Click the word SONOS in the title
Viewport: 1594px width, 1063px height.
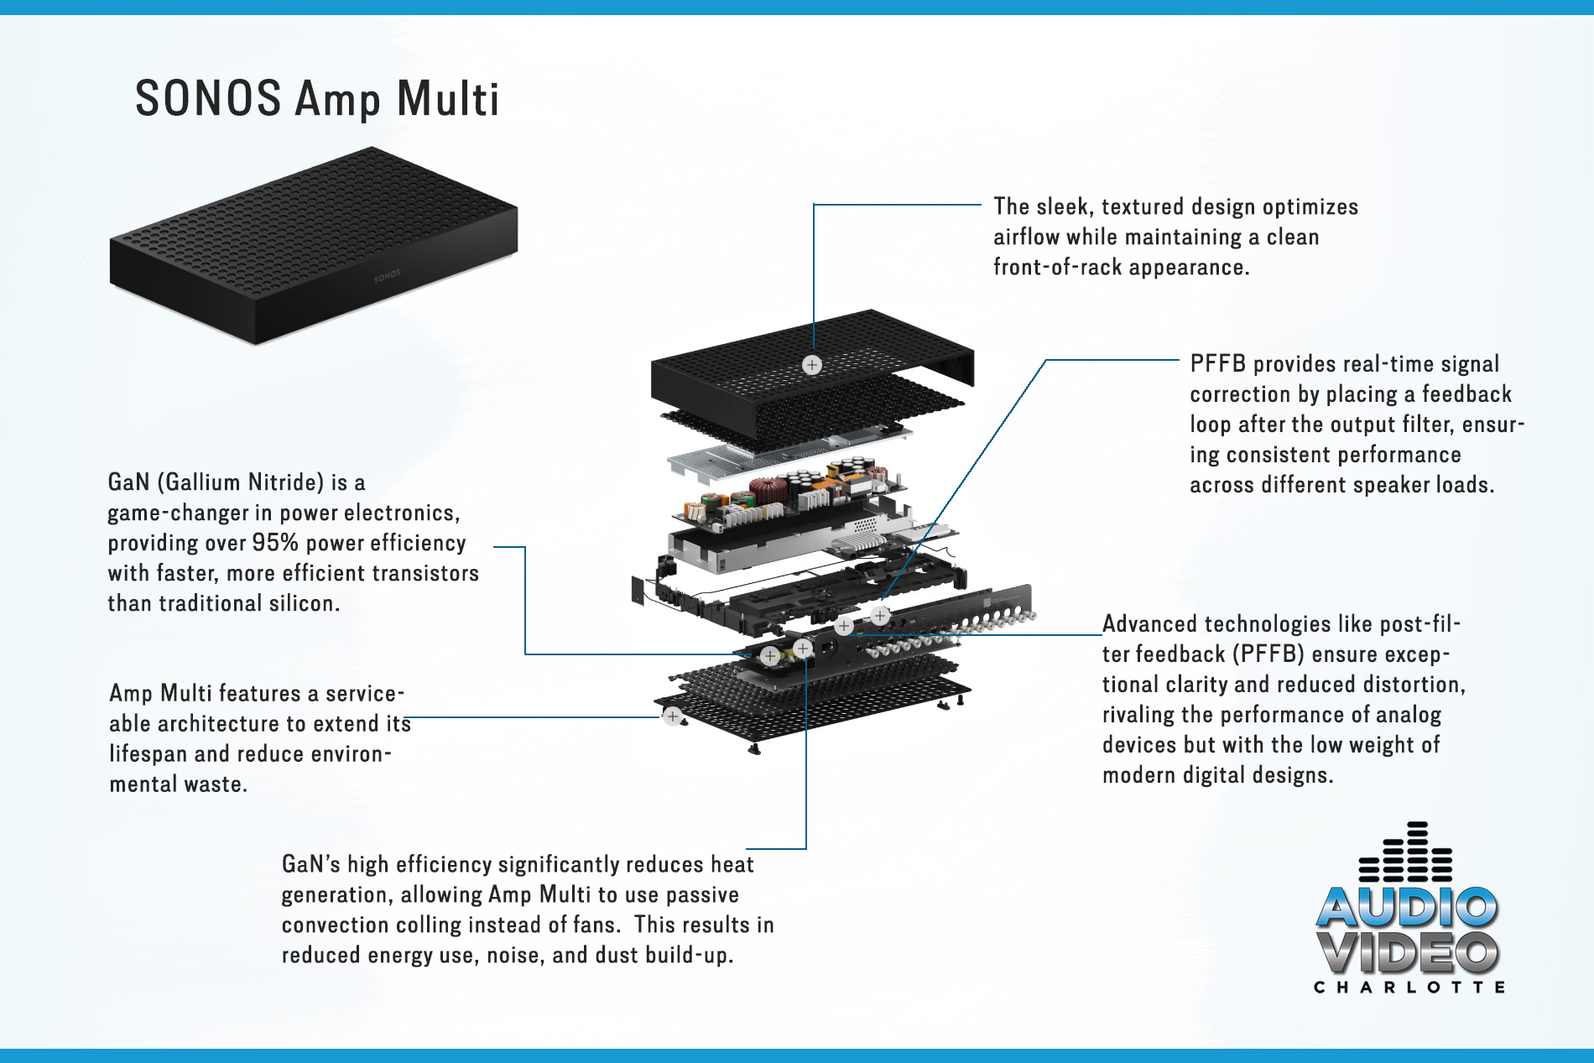208,99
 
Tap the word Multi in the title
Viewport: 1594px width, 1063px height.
448,99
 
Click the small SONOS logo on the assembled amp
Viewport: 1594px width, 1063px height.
387,275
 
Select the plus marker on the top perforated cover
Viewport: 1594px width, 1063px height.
811,365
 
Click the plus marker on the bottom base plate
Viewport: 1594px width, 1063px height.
672,716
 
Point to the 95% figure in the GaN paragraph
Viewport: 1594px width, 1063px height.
275,543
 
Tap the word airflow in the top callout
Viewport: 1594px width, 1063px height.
1026,237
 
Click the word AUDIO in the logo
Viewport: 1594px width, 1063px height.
1407,907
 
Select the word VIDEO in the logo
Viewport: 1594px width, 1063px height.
1407,953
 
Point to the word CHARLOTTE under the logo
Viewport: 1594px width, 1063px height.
1409,987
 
